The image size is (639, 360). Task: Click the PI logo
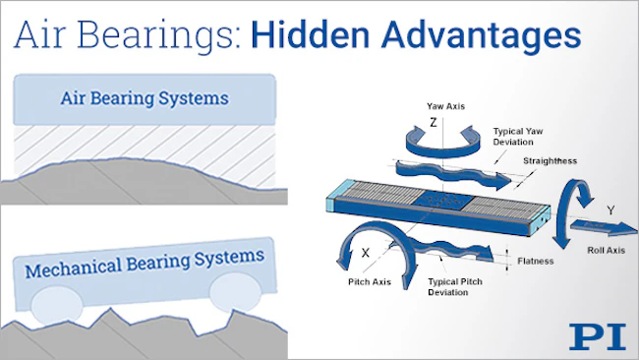[x=598, y=336]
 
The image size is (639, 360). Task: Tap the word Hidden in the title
[x=311, y=34]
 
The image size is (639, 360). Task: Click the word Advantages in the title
[x=481, y=36]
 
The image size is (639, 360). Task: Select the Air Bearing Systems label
[x=145, y=98]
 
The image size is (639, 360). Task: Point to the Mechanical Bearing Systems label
[x=145, y=263]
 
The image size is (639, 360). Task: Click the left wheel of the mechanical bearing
[x=57, y=305]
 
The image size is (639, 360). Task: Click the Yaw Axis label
[x=446, y=106]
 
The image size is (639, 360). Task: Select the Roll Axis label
[x=606, y=251]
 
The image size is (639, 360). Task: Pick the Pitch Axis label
[x=370, y=281]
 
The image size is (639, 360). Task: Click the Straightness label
[x=551, y=160]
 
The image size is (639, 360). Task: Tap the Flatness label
[x=536, y=261]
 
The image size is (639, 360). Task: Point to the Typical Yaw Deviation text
[x=518, y=137]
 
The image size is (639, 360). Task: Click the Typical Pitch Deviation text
[x=455, y=287]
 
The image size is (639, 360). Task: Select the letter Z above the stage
[x=434, y=122]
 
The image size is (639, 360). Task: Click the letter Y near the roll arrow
[x=610, y=210]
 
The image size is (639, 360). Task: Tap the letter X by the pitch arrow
[x=366, y=253]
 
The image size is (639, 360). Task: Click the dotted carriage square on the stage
[x=444, y=201]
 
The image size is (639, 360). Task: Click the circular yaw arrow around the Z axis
[x=442, y=151]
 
